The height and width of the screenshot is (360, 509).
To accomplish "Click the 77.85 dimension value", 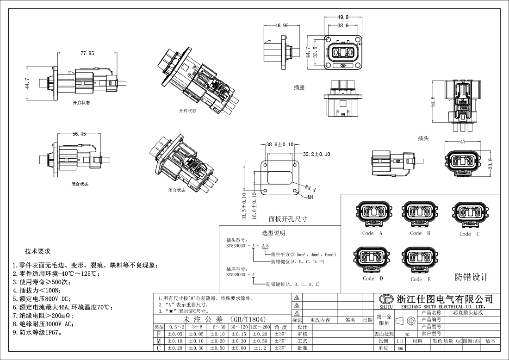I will [87, 54].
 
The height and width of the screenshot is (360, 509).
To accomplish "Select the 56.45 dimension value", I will [79, 134].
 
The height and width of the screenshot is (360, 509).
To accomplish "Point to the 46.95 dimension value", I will [282, 26].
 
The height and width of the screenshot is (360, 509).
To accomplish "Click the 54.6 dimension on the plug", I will [433, 101].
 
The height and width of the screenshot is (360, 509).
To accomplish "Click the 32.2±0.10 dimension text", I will [317, 154].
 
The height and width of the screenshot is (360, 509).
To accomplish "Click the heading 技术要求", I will [37, 252].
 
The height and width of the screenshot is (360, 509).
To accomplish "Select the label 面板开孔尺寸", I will [288, 218].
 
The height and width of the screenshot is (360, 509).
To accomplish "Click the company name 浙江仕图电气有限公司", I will [443, 299].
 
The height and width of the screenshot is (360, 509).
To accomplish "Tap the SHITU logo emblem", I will [386, 299].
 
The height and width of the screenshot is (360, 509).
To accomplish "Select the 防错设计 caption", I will [472, 277].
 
